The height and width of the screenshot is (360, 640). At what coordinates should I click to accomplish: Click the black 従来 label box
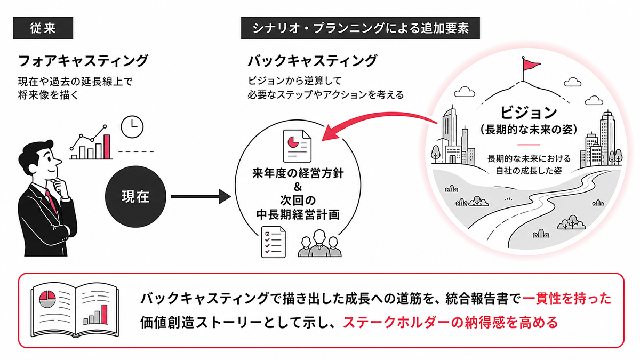pyautogui.click(x=43, y=28)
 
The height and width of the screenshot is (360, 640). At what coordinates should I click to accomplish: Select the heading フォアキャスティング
pyautogui.click(x=83, y=61)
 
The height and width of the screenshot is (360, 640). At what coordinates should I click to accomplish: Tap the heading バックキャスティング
pyautogui.click(x=313, y=61)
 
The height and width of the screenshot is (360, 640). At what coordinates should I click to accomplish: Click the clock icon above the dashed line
pyautogui.click(x=132, y=127)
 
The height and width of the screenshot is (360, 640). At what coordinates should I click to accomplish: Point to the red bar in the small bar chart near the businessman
pyautogui.click(x=107, y=147)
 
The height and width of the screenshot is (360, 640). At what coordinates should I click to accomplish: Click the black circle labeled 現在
pyautogui.click(x=135, y=197)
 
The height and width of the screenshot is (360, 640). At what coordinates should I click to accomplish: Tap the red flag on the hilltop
pyautogui.click(x=531, y=65)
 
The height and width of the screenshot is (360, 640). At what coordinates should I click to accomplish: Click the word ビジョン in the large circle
pyautogui.click(x=529, y=113)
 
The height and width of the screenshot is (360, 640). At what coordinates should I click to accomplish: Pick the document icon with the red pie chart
pyautogui.click(x=297, y=146)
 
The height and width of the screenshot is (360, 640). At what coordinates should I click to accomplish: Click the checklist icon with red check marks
pyautogui.click(x=274, y=242)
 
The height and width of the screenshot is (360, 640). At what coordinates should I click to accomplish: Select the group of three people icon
pyautogui.click(x=319, y=243)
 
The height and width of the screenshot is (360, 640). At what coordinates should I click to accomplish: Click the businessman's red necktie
pyautogui.click(x=52, y=202)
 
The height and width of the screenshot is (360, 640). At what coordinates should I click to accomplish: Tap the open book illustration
pyautogui.click(x=75, y=310)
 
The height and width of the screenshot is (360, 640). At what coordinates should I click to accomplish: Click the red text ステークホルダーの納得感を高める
pyautogui.click(x=451, y=323)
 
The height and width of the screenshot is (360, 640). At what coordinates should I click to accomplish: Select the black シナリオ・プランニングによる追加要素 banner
pyautogui.click(x=361, y=28)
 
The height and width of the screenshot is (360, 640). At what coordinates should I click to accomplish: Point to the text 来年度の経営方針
pyautogui.click(x=298, y=173)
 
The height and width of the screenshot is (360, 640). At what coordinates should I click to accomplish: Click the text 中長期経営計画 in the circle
pyautogui.click(x=298, y=215)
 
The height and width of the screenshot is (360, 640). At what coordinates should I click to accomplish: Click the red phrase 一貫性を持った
pyautogui.click(x=567, y=299)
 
